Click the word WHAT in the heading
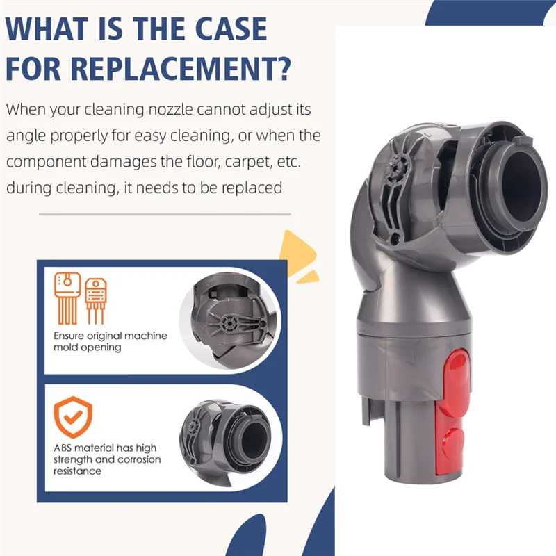(x=48, y=28)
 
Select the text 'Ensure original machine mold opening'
(x=110, y=341)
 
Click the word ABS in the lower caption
(x=65, y=448)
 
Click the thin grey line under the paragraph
(x=163, y=214)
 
